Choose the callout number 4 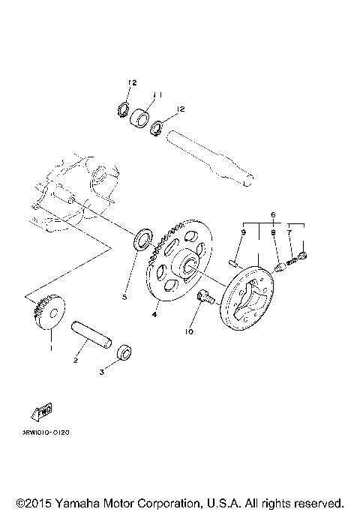click(154, 315)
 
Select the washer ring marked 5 click(140, 241)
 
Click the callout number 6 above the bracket click(274, 214)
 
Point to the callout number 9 click(244, 233)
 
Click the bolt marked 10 click(205, 299)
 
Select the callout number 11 click(157, 95)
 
